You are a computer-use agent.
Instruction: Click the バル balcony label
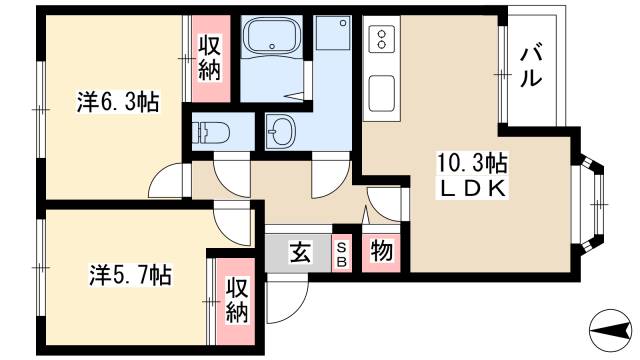click(533, 66)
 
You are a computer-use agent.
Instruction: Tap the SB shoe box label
click(342, 251)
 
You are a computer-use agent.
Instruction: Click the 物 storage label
click(380, 250)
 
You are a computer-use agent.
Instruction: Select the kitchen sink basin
click(382, 92)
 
